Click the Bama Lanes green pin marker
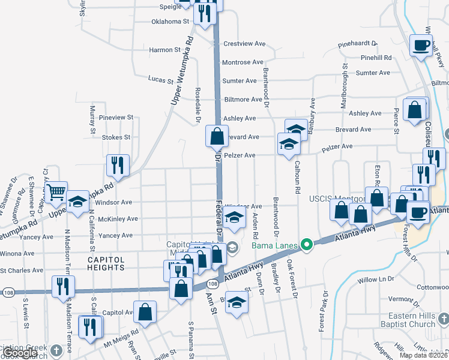307,244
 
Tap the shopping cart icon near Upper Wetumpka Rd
56,193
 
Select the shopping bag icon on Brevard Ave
217,137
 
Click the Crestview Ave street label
244,44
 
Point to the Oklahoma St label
170,21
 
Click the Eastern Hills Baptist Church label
411,320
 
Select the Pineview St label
116,118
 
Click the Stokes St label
116,137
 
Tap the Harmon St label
164,50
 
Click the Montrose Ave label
243,62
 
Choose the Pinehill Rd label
376,58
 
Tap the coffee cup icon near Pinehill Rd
421,44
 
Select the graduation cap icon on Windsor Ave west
77,203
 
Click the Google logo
20,353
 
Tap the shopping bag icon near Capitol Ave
145,311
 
